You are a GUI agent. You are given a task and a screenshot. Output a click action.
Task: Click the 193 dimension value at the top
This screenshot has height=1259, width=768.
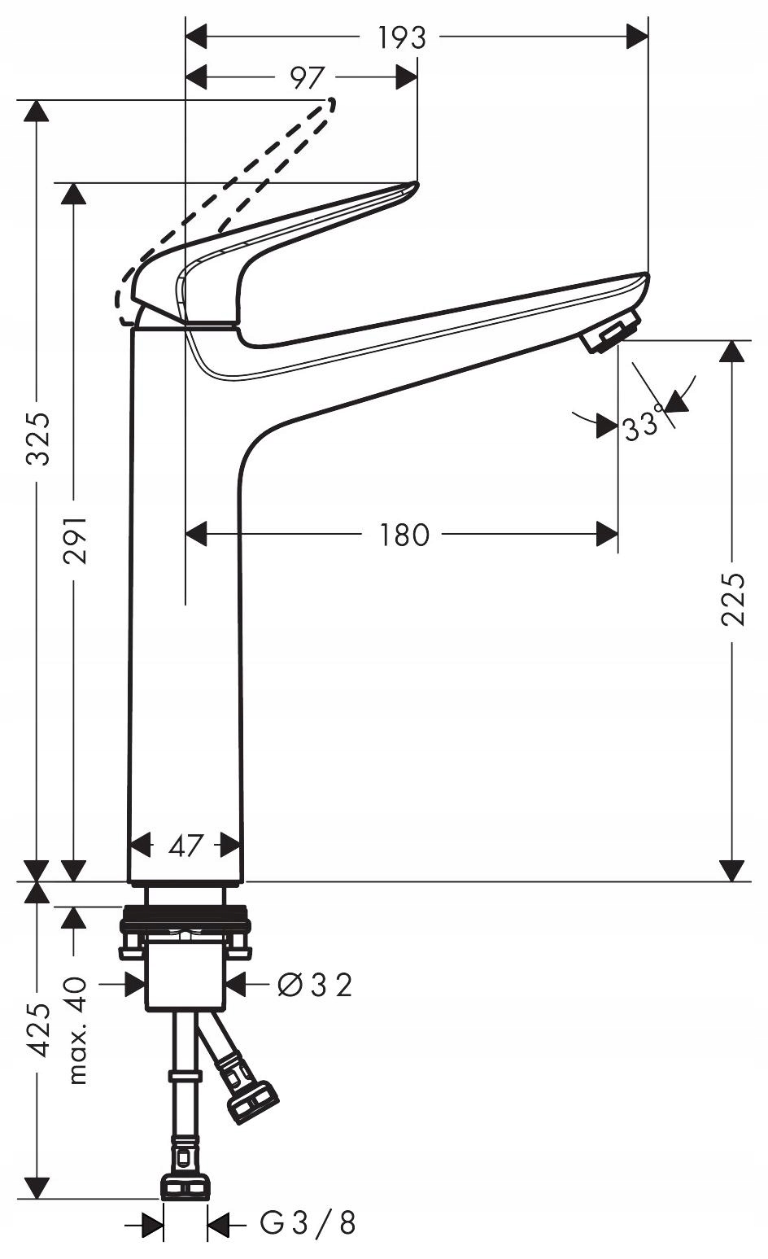[401, 37]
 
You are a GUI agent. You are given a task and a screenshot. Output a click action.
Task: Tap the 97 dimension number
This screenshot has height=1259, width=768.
[308, 77]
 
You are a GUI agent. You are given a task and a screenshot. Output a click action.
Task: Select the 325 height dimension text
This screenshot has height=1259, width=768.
[38, 439]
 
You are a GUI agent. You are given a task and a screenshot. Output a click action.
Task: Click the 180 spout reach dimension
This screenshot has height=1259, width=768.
[404, 535]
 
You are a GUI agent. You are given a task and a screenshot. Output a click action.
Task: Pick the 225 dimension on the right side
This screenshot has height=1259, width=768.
[732, 599]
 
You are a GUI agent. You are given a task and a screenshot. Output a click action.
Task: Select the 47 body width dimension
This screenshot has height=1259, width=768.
[185, 845]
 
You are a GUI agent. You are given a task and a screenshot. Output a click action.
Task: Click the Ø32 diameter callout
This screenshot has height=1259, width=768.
[315, 985]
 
